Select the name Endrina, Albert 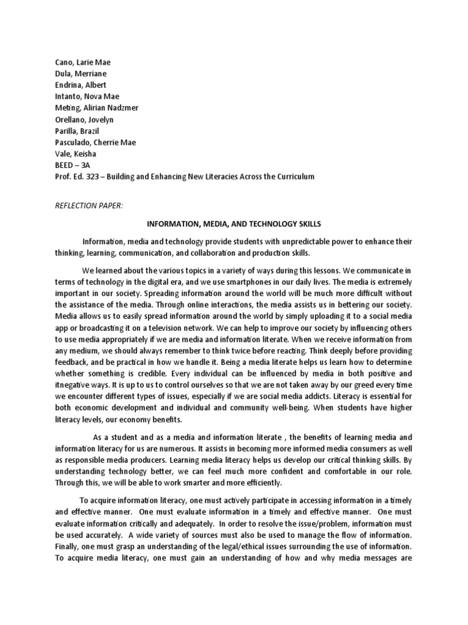[x=79, y=85]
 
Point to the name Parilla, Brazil [x=76, y=131]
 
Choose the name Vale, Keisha [x=74, y=154]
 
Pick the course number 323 [x=97, y=177]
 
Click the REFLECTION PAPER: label [x=89, y=206]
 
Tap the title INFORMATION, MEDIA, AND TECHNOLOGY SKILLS [x=234, y=224]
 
